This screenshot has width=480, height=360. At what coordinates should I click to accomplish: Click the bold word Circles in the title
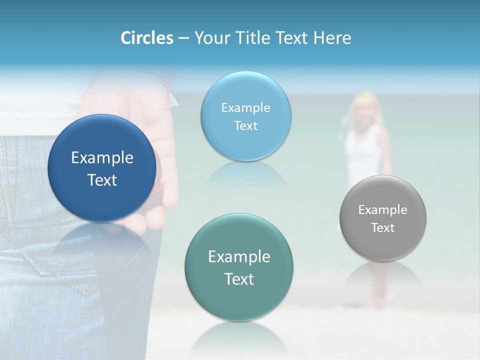[x=146, y=38]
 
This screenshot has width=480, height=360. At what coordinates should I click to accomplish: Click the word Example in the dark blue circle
[x=102, y=158]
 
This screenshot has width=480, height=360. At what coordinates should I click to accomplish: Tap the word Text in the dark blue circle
[x=102, y=180]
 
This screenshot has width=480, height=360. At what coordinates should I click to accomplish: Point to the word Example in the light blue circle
[x=245, y=108]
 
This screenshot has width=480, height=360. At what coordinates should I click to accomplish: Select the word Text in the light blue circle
[x=245, y=126]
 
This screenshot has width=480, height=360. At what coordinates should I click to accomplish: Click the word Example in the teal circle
[x=239, y=257]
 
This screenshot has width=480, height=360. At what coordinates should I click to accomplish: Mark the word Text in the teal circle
[x=239, y=279]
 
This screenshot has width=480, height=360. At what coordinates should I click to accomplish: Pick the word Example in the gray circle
[x=383, y=210]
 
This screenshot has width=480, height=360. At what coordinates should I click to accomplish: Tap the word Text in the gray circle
[x=383, y=228]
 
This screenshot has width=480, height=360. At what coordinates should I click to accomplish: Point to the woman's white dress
[x=364, y=155]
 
